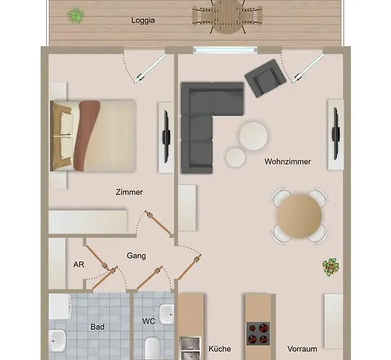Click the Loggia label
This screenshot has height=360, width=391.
coord(143,20)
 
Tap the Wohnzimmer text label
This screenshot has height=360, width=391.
coord(287,161)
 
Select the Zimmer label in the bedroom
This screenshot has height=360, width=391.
coord(129,192)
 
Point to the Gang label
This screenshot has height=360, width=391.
coord(136,256)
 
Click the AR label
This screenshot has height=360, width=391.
coord(78,264)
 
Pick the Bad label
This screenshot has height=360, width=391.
coord(97,327)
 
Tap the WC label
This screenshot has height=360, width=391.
coord(149,321)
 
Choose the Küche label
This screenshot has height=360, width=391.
coord(220,348)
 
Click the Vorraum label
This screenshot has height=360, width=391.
coord(302,348)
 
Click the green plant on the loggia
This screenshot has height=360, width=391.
coord(76,15)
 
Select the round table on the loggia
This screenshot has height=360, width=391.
coord(228,17)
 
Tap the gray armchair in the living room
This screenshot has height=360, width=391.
coord(265,78)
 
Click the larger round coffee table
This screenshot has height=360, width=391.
coord(253,136)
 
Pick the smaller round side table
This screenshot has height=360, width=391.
coord(235,157)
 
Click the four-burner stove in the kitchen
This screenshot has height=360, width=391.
coord(259,333)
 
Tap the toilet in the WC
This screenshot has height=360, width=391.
coord(153,348)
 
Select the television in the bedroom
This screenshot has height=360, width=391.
coord(166,137)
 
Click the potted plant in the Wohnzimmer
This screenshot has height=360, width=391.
coord(331,267)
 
